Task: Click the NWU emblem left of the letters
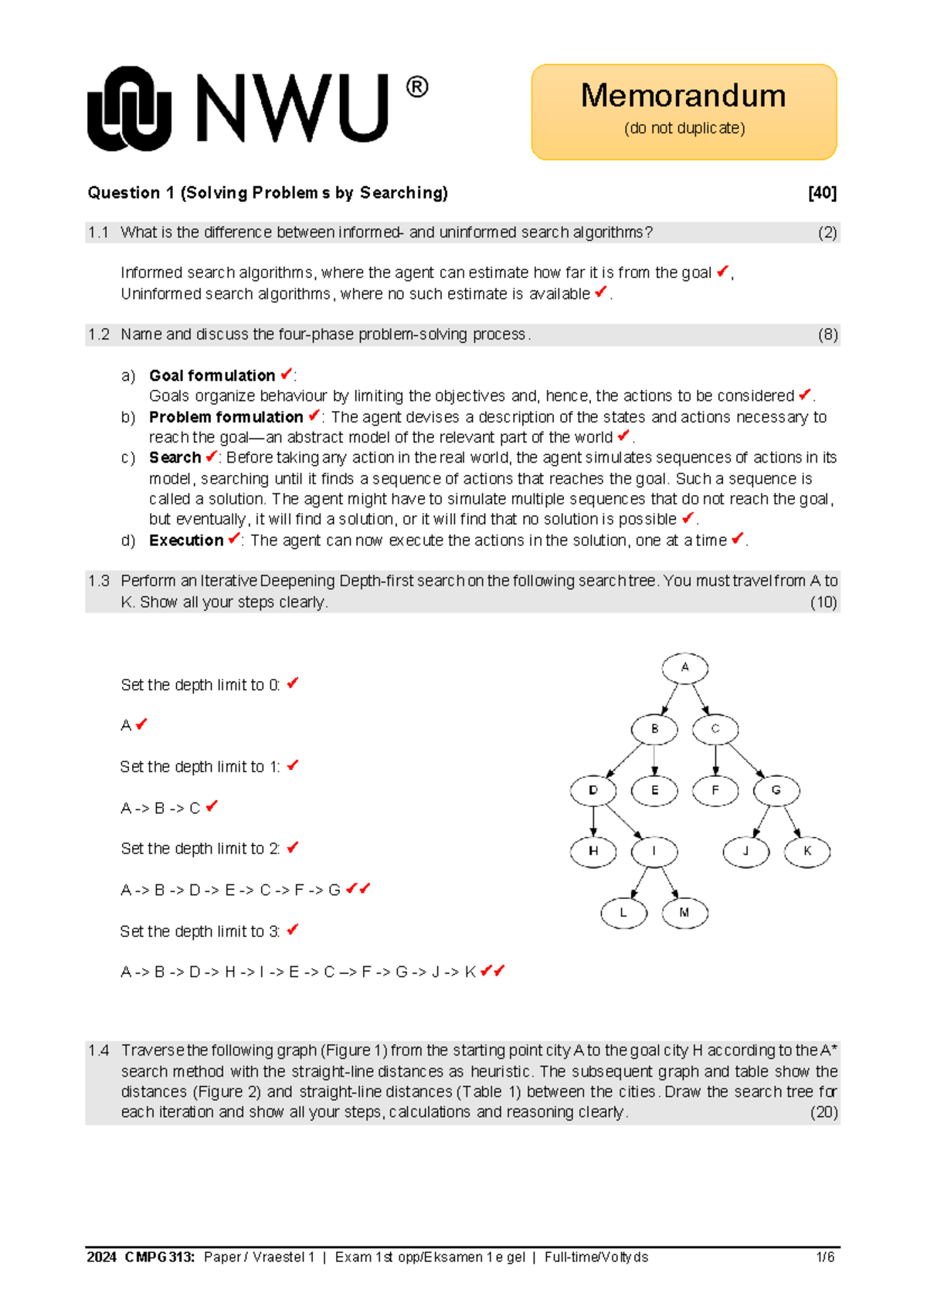pos(129,109)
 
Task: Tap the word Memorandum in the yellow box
pos(683,96)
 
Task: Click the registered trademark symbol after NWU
pos(416,87)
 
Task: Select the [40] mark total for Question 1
pos(822,193)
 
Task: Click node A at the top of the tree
pos(684,668)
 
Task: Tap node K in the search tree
pos(807,851)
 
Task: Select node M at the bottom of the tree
pos(684,913)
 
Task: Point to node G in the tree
pos(776,790)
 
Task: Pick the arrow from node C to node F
pos(715,760)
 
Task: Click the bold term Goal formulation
pos(212,375)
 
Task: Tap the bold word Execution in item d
pos(186,541)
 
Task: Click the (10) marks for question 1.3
pos(823,602)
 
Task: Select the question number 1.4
pos(99,1050)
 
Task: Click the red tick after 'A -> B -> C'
pos(212,806)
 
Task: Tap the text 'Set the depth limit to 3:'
pos(199,932)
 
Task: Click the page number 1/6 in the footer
pos(825,1257)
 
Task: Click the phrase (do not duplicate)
pos(684,128)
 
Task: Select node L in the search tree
pos(623,913)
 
